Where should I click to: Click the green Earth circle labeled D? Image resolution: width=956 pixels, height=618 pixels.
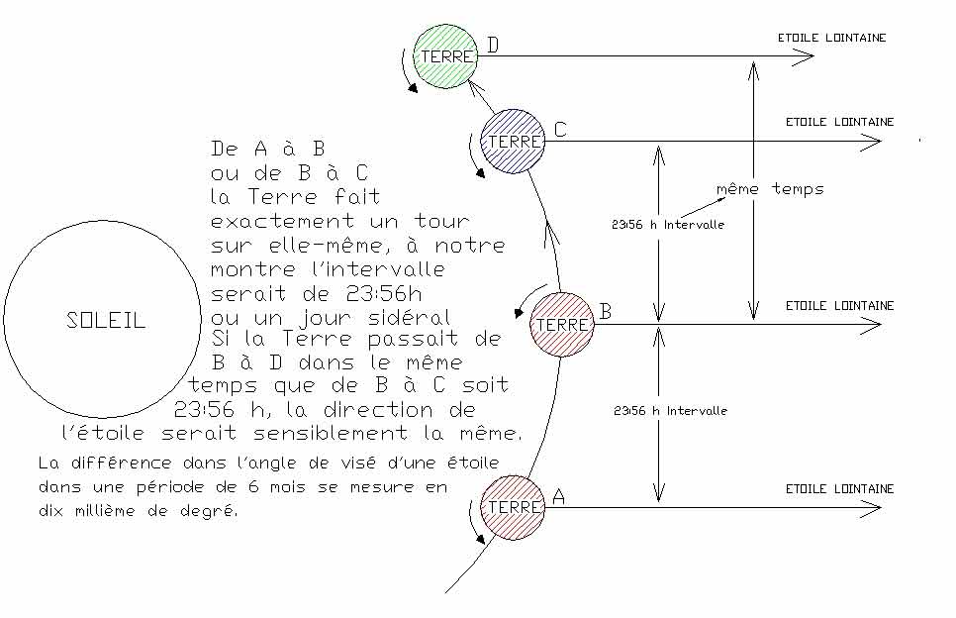[446, 56]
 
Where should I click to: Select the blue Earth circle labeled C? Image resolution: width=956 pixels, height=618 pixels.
[513, 142]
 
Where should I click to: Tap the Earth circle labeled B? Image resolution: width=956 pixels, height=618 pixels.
[562, 324]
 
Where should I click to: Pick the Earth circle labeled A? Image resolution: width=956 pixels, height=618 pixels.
[513, 507]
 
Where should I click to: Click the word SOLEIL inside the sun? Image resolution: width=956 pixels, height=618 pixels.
[106, 321]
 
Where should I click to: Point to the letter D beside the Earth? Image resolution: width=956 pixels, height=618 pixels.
[494, 45]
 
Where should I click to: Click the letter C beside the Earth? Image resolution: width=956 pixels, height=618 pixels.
[560, 129]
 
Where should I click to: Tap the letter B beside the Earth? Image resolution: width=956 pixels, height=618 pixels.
[606, 312]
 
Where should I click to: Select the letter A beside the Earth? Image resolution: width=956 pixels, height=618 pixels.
[557, 497]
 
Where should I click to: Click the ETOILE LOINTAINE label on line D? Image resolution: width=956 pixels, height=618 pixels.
[832, 38]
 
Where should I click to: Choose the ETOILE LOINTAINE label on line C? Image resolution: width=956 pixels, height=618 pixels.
[839, 122]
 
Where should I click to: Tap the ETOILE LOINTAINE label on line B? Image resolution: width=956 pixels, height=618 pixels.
[839, 306]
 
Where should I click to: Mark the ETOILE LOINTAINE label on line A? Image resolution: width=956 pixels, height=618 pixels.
[839, 488]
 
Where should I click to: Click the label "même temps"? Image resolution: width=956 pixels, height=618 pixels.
[769, 188]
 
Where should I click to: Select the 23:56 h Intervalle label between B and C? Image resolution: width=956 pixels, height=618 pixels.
[668, 225]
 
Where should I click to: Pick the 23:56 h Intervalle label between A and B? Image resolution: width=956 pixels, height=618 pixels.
[670, 410]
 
